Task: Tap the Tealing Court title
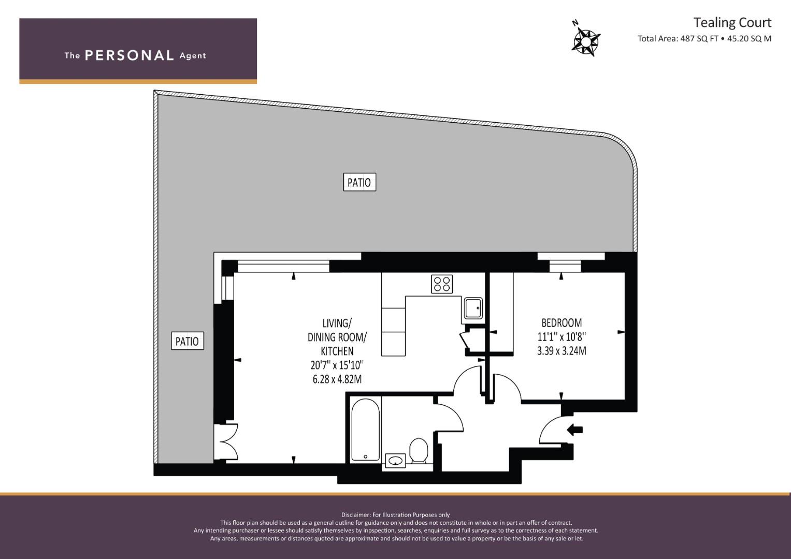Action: coord(732,23)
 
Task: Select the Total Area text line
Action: coord(704,39)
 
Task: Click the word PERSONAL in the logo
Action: coord(130,55)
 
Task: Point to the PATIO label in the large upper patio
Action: coord(359,182)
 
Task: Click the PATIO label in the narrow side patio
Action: coord(188,341)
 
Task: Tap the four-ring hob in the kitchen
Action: coord(442,284)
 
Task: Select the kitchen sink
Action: coord(473,308)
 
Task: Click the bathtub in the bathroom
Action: coord(366,430)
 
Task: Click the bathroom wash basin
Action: coord(396,461)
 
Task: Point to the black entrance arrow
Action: coord(574,430)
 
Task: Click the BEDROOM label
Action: coord(562,322)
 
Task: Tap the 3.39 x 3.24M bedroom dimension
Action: coord(562,351)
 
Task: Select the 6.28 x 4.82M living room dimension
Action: coord(337,379)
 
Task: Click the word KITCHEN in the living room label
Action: coord(337,351)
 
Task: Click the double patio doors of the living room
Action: coord(226,442)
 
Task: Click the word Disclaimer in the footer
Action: coord(355,515)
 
